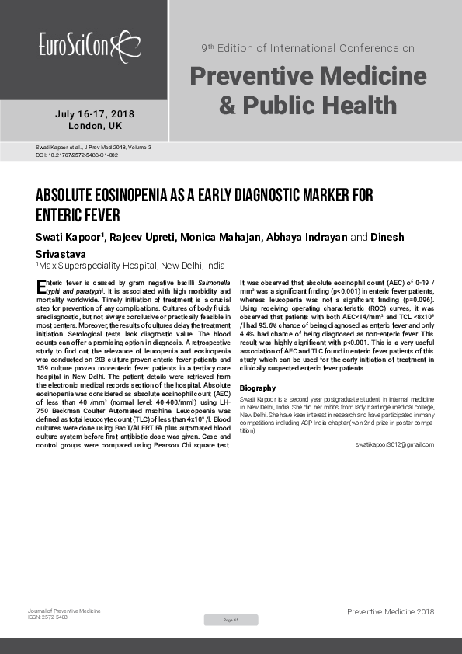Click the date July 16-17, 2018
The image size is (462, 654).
coord(95,114)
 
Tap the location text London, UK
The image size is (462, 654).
coord(95,126)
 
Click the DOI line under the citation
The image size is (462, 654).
coord(77,155)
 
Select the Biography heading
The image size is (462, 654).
coord(257,388)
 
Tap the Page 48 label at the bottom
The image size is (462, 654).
coord(231,620)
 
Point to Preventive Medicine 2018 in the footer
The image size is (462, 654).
coord(391,613)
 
